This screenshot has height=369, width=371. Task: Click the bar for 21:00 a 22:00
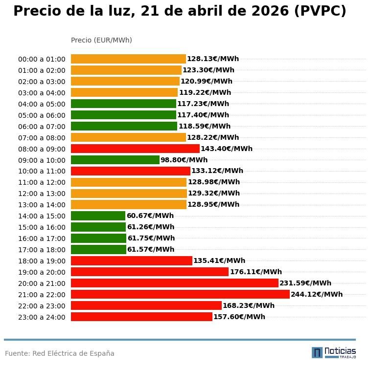(180, 294)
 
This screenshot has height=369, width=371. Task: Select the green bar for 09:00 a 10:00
(115, 160)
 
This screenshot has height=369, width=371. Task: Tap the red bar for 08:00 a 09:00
(135, 149)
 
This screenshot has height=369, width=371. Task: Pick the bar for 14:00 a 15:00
(98, 216)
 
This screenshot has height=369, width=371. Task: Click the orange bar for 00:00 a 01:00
(128, 59)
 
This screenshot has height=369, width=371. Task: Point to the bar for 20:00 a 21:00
(174, 283)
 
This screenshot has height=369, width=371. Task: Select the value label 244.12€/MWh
(317, 294)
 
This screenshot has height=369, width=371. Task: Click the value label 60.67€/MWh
(150, 216)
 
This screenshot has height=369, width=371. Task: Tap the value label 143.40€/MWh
(227, 149)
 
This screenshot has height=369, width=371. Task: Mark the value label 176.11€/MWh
(256, 272)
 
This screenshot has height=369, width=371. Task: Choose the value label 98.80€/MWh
(184, 160)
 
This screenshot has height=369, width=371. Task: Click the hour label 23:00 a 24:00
(42, 317)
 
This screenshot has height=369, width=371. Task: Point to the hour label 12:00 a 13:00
(42, 194)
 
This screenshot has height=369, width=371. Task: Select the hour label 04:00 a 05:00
(42, 104)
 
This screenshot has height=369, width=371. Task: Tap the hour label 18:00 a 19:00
(42, 261)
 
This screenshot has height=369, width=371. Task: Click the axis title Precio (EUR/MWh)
(101, 40)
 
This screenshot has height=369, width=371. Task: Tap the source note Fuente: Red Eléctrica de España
(60, 353)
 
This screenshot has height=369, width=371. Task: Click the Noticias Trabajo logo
(334, 352)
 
